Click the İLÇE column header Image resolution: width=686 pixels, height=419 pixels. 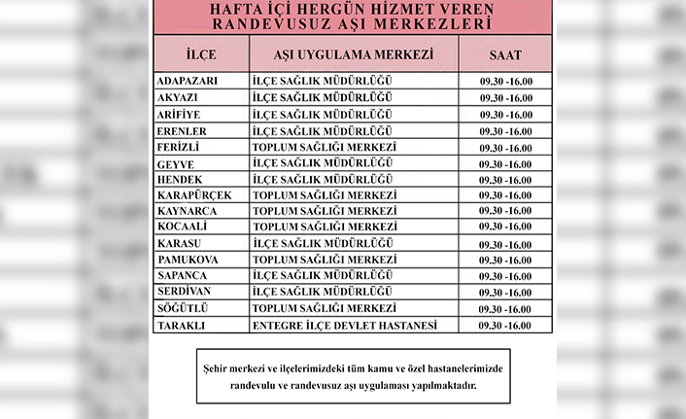(x=199, y=52)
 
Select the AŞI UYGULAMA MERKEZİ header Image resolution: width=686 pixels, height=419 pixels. (x=354, y=52)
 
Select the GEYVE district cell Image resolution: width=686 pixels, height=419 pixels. (x=176, y=163)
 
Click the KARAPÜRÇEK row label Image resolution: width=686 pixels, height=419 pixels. (x=194, y=195)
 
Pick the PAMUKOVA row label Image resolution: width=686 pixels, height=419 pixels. (x=188, y=260)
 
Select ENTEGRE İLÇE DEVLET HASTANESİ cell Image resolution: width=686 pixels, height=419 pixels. (x=345, y=325)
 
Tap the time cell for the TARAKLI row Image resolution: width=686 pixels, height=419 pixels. (x=506, y=325)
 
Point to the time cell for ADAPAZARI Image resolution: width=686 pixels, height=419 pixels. (x=506, y=81)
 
